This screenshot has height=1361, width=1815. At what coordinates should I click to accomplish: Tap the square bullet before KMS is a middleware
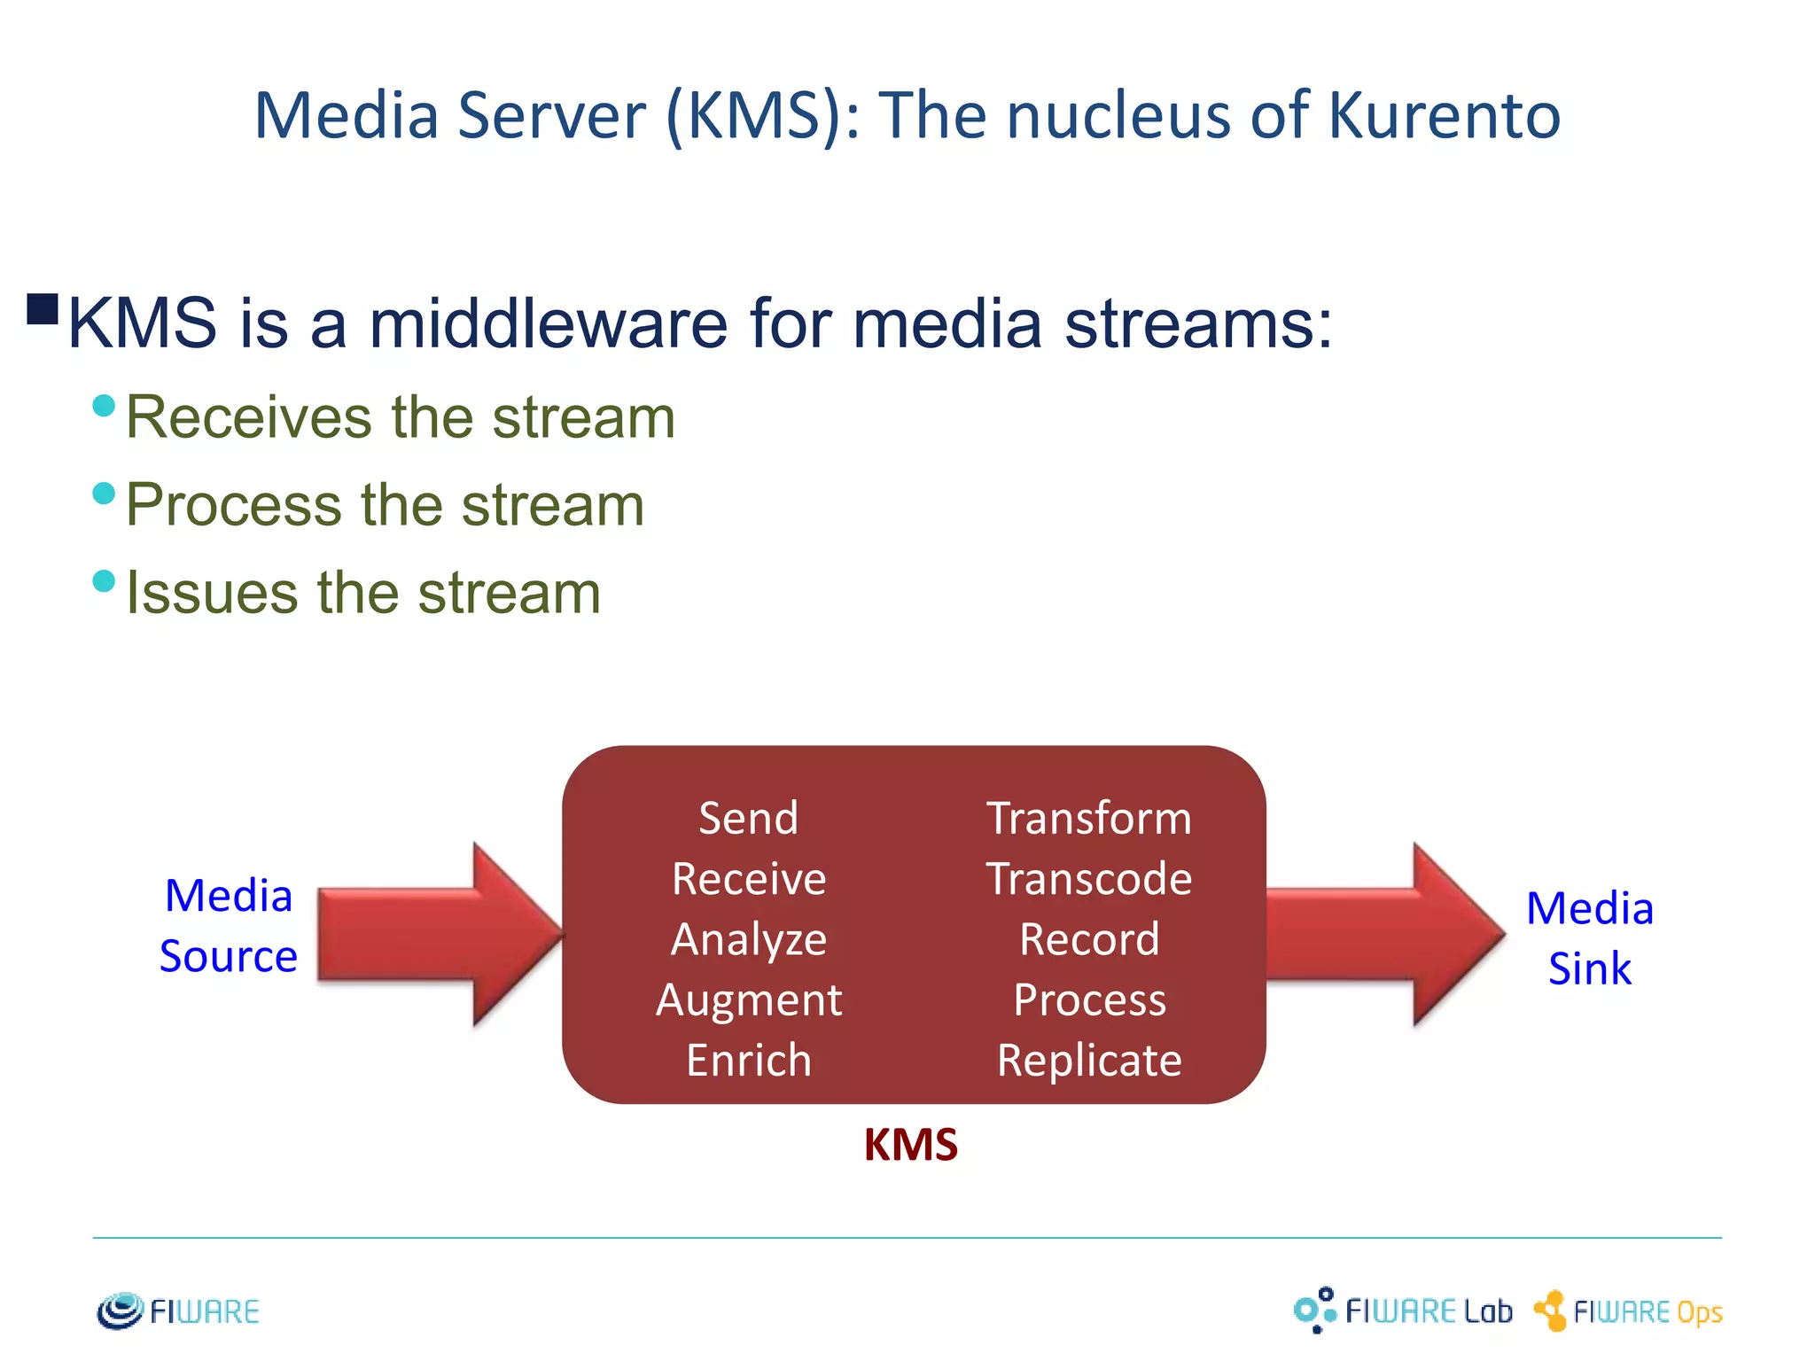coord(43,309)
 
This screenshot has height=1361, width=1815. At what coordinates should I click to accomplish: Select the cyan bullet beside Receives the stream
coord(104,406)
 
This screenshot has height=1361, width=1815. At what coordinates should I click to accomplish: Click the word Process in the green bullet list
coord(232,505)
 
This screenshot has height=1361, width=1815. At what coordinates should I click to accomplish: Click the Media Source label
coord(229,925)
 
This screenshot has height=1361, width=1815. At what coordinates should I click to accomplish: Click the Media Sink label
coord(1589,937)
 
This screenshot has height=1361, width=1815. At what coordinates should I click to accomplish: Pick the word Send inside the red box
coord(748,818)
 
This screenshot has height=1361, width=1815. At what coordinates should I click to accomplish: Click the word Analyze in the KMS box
coord(748,939)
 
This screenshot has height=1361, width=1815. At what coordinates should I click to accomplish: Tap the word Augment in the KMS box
coord(748,1000)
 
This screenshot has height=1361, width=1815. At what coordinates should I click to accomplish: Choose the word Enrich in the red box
coord(748,1061)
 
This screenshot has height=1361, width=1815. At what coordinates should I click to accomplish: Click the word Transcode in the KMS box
coord(1088,879)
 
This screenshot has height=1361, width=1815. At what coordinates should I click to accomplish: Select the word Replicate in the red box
coord(1088,1061)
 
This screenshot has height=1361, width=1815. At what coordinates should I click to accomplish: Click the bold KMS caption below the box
coord(910,1145)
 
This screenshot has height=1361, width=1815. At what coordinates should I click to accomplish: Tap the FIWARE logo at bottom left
coord(178,1311)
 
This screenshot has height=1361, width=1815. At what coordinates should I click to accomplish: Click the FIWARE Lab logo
coord(1402,1310)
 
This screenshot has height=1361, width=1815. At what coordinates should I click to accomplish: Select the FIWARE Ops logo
coord(1628,1311)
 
